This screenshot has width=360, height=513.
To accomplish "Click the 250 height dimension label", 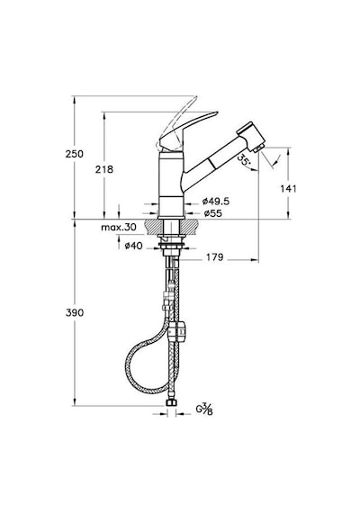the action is point(75,154).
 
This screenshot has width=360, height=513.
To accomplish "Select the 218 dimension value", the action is point(104,169).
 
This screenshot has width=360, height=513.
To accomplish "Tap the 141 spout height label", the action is point(288,189).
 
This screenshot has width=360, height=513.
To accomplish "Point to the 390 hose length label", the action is point(75,313).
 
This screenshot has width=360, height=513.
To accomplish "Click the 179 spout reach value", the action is point(214,257).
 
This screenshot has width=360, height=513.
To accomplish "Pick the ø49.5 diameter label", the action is point(216,202).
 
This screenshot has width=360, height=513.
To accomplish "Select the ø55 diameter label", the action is point(212,213).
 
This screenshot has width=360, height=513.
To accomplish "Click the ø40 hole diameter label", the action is point(134,246).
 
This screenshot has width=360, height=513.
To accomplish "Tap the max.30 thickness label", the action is point(119,227).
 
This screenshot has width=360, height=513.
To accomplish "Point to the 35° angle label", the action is point(244,159).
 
